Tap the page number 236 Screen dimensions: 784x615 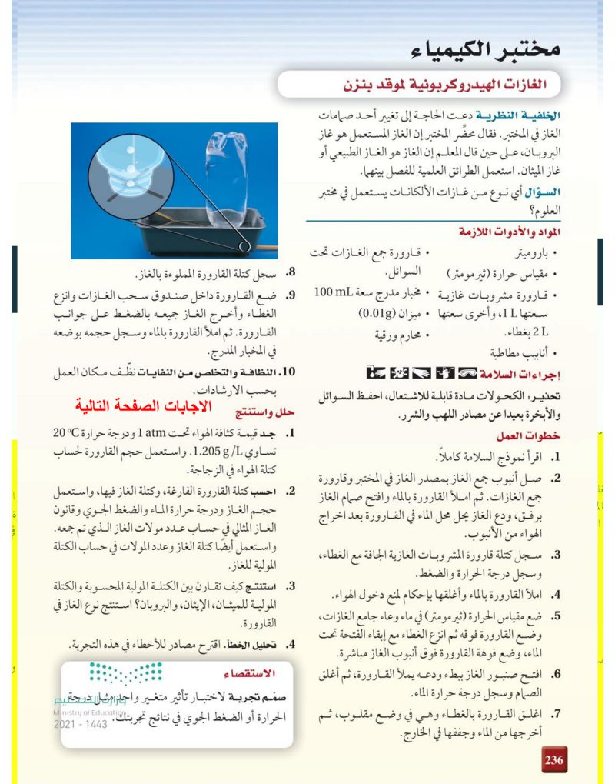554,760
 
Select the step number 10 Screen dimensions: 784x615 288,372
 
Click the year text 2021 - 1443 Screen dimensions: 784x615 79,725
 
